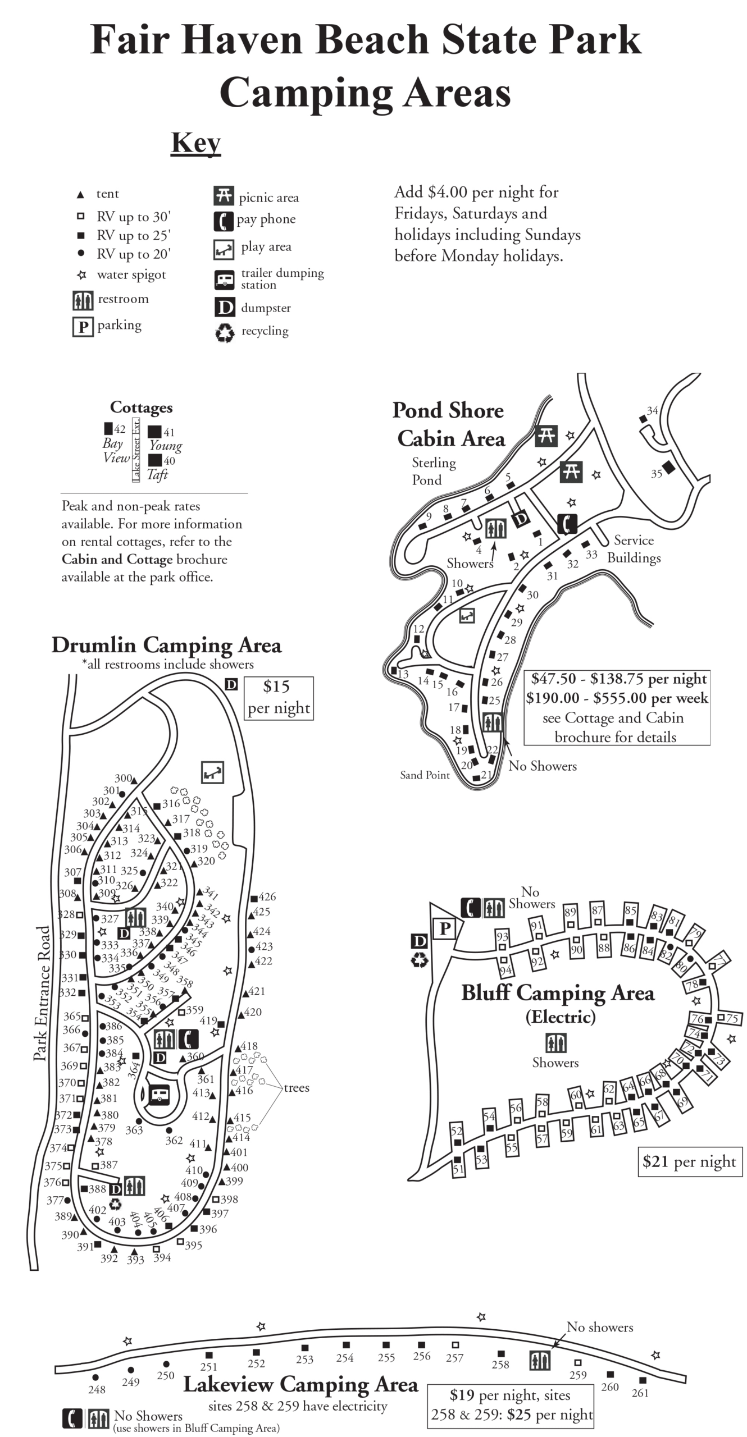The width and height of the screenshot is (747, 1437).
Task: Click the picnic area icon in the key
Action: pos(224,195)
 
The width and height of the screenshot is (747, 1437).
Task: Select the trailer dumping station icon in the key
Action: pos(224,279)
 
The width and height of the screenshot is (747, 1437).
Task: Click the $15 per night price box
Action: pos(279,697)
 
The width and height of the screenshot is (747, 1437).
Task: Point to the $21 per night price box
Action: pos(689,1161)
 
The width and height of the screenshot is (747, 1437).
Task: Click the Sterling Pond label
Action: pos(433,471)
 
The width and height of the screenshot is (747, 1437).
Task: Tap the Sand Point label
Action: pos(425,775)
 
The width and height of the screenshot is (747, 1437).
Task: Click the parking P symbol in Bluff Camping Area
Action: pos(444,929)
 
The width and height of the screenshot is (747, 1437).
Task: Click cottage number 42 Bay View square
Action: pos(108,429)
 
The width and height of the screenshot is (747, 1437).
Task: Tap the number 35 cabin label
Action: pos(657,474)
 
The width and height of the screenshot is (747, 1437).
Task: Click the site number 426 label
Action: pos(267,897)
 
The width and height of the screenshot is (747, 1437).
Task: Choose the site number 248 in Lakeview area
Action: pos(97,1389)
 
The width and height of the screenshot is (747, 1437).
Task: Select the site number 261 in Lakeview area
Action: pos(640,1393)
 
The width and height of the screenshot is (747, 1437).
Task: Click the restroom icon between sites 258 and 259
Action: pos(540,1360)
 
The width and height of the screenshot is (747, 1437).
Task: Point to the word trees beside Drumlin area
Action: pos(297,1088)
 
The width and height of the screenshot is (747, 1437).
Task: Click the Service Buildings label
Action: pos(634,549)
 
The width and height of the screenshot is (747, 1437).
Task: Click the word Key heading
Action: pos(195,143)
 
